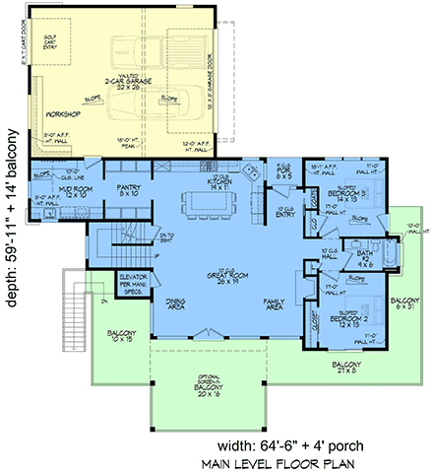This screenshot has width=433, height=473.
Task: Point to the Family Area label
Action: pos(274,304)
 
